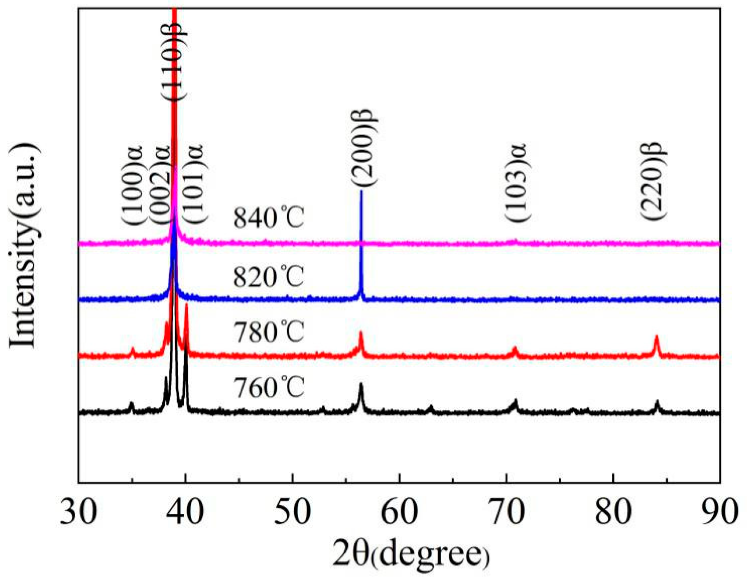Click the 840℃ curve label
pyautogui.click(x=269, y=218)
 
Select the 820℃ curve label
pyautogui.click(x=269, y=277)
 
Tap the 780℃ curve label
pyautogui.click(x=269, y=332)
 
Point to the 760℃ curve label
pyautogui.click(x=269, y=387)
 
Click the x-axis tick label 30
pyautogui.click(x=79, y=512)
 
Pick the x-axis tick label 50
pyautogui.click(x=292, y=512)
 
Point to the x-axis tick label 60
pyautogui.click(x=399, y=512)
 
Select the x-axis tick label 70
pyautogui.click(x=506, y=512)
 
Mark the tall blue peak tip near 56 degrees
pyautogui.click(x=361, y=192)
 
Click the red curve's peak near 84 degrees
pyautogui.click(x=656, y=337)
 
